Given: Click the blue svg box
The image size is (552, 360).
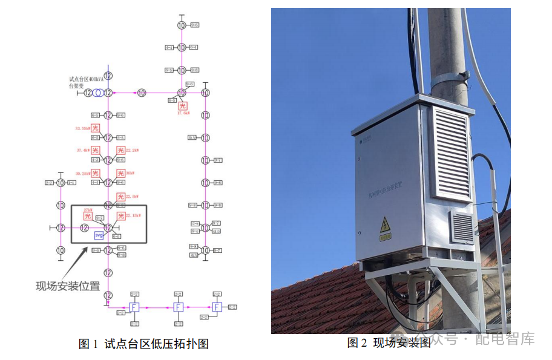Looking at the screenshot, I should [x=99, y=235].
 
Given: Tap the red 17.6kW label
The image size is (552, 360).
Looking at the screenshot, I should [x=183, y=113].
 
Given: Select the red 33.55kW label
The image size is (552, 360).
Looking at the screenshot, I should [x=83, y=128].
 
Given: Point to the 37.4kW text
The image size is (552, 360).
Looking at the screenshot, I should [x=83, y=151].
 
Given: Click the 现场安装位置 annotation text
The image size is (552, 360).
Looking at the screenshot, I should [x=68, y=286].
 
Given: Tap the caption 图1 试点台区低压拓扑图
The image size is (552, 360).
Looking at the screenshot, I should [x=143, y=344].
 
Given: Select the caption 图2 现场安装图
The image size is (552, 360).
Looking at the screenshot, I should [x=389, y=343].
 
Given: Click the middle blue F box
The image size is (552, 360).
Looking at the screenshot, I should [x=178, y=307].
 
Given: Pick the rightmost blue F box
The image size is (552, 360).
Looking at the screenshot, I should [x=217, y=307].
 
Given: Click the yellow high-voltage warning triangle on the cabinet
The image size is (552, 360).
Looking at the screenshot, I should [x=384, y=227].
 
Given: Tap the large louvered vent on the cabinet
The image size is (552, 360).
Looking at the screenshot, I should [x=450, y=154].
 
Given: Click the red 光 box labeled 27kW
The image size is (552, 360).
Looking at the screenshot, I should [x=87, y=217].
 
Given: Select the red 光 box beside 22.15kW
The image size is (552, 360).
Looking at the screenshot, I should [x=121, y=216].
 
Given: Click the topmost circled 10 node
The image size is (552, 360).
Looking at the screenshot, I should [x=182, y=25].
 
